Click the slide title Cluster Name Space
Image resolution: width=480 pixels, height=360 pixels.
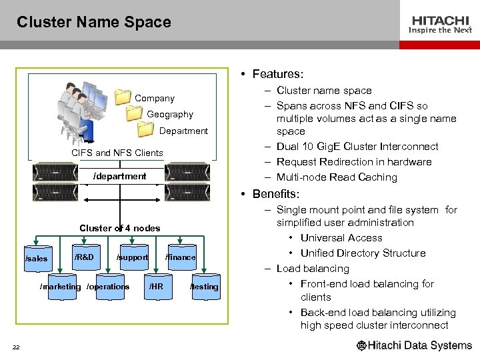(x=94, y=22)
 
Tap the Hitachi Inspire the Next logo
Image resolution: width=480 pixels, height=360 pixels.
(x=440, y=25)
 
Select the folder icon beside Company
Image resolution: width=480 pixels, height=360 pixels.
(x=123, y=97)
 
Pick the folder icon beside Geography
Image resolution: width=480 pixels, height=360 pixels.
(x=135, y=113)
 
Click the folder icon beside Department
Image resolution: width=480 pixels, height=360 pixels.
(x=147, y=129)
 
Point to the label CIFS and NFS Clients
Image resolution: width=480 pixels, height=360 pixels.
(x=117, y=153)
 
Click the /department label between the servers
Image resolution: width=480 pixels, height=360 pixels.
(x=120, y=177)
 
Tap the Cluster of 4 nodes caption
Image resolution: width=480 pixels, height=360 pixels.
(x=120, y=228)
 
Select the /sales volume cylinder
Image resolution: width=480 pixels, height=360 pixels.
(x=37, y=258)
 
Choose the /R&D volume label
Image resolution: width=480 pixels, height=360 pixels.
(x=84, y=257)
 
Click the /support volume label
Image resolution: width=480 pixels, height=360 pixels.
(x=132, y=257)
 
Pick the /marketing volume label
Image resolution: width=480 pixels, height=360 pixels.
(x=61, y=287)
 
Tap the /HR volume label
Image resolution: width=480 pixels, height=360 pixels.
(x=155, y=287)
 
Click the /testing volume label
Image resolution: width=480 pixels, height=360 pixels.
(x=204, y=287)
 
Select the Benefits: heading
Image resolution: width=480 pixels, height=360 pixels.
(x=276, y=194)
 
